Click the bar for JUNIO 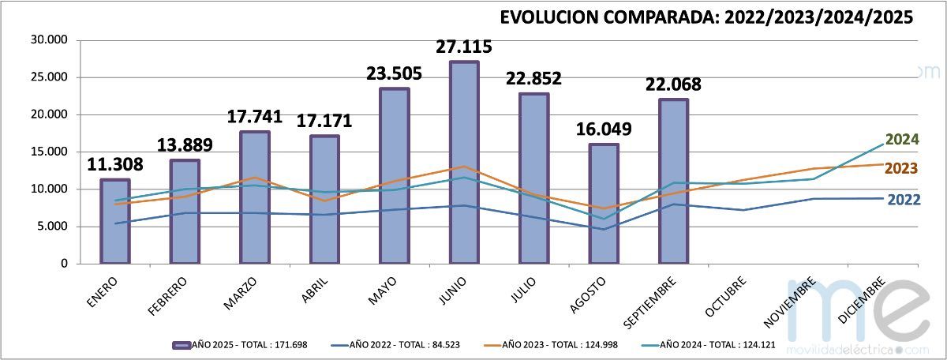pyautogui.click(x=465, y=162)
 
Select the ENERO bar pyautogui.click(x=115, y=222)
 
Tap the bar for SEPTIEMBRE pyautogui.click(x=674, y=181)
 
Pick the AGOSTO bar pyautogui.click(x=604, y=204)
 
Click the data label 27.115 pyautogui.click(x=464, y=47)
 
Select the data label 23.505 pyautogui.click(x=395, y=73)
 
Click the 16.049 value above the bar pyautogui.click(x=604, y=129)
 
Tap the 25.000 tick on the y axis pyautogui.click(x=49, y=77)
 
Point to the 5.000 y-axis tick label pyautogui.click(x=52, y=227)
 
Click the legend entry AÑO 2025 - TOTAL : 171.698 pyautogui.click(x=247, y=345)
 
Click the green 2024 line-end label pyautogui.click(x=902, y=140)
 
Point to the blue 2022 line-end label pyautogui.click(x=904, y=200)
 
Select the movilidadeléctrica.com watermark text pyautogui.click(x=859, y=349)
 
